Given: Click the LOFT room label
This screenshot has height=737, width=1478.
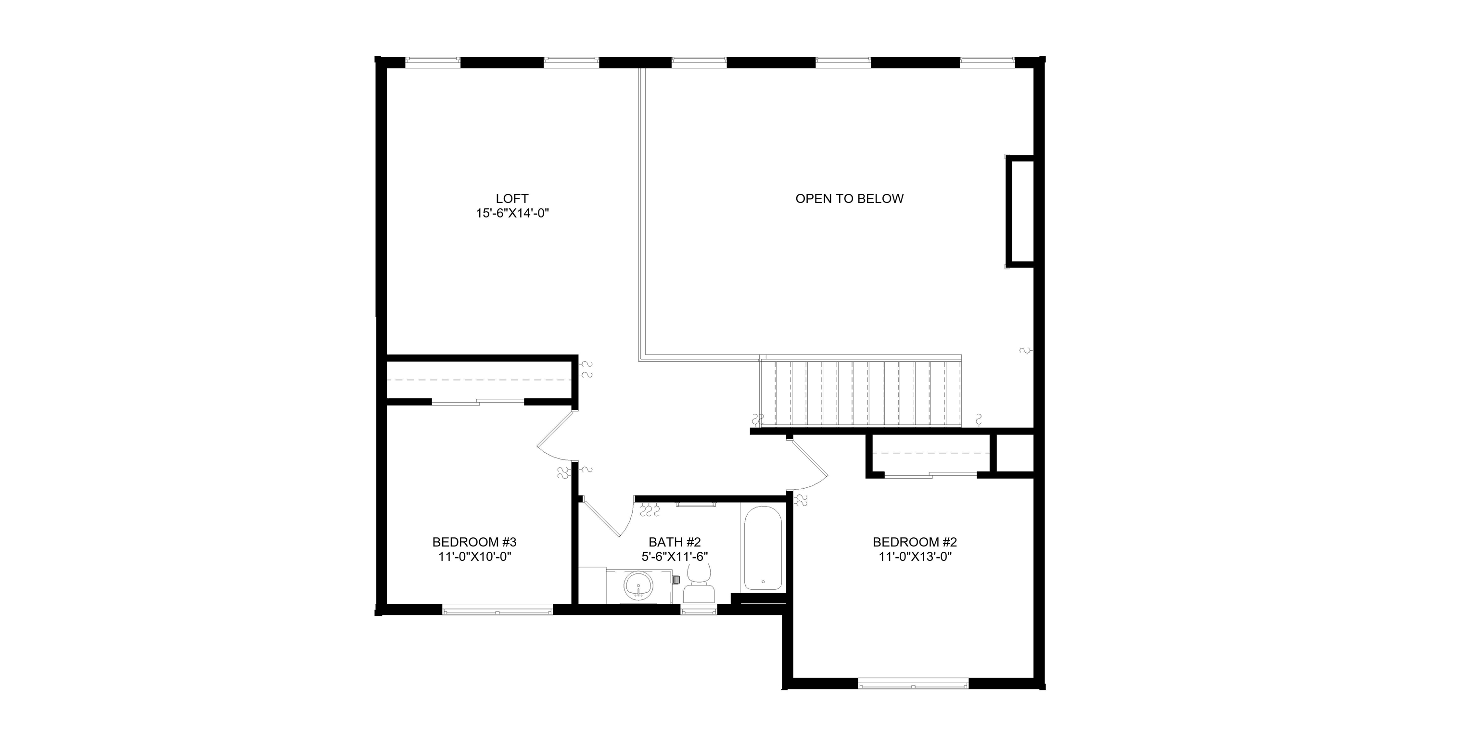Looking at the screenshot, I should pyautogui.click(x=512, y=199).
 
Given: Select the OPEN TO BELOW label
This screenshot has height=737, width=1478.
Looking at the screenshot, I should pyautogui.click(x=849, y=199).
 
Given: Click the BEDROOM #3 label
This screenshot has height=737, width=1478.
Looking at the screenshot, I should pyautogui.click(x=474, y=542).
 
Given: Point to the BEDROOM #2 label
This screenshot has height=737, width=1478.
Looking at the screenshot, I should pyautogui.click(x=915, y=542).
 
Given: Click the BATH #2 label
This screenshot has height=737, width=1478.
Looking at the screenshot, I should pyautogui.click(x=675, y=542).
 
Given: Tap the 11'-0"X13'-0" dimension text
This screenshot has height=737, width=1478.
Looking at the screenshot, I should pyautogui.click(x=915, y=556).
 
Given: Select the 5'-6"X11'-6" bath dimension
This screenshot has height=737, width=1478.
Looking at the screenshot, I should pyautogui.click(x=675, y=556).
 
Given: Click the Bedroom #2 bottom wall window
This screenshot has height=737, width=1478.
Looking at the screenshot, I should pyautogui.click(x=914, y=684).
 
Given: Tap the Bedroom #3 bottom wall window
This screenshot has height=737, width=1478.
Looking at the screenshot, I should pyautogui.click(x=497, y=610).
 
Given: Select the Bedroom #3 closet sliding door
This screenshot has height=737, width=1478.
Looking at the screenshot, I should pyautogui.click(x=477, y=402).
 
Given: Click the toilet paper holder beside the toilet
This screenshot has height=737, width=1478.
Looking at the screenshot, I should pyautogui.click(x=676, y=579).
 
